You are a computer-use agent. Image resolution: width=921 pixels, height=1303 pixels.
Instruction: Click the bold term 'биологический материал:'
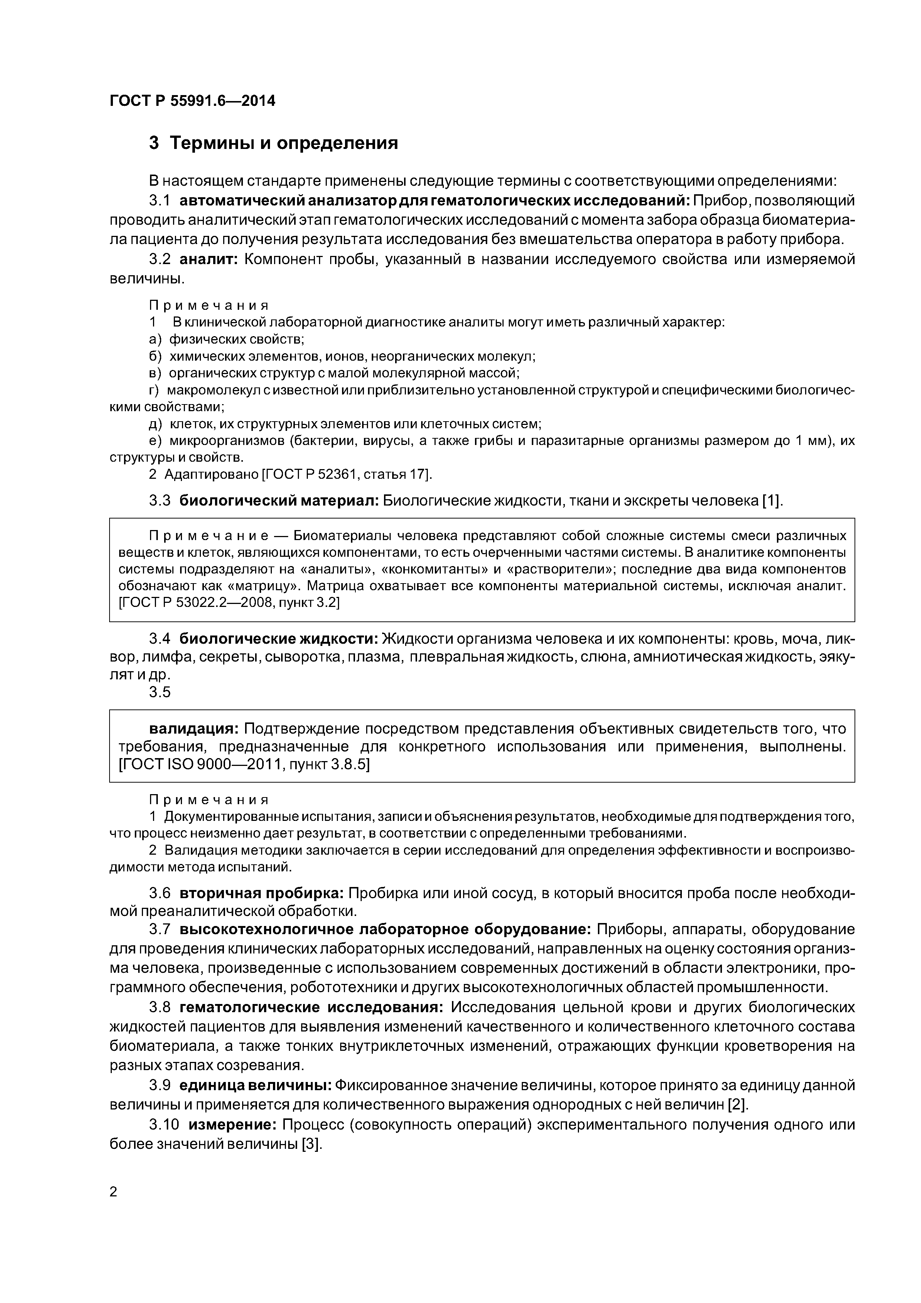pos(279,501)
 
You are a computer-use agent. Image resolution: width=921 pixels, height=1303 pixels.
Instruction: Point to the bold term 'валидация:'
pos(195,728)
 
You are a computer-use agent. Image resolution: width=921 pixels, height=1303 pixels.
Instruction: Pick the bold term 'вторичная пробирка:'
pos(261,893)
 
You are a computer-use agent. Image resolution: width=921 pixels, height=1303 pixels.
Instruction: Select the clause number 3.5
pos(159,692)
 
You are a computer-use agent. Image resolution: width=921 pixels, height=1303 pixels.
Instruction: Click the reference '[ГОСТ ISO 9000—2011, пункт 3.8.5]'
pos(244,764)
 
